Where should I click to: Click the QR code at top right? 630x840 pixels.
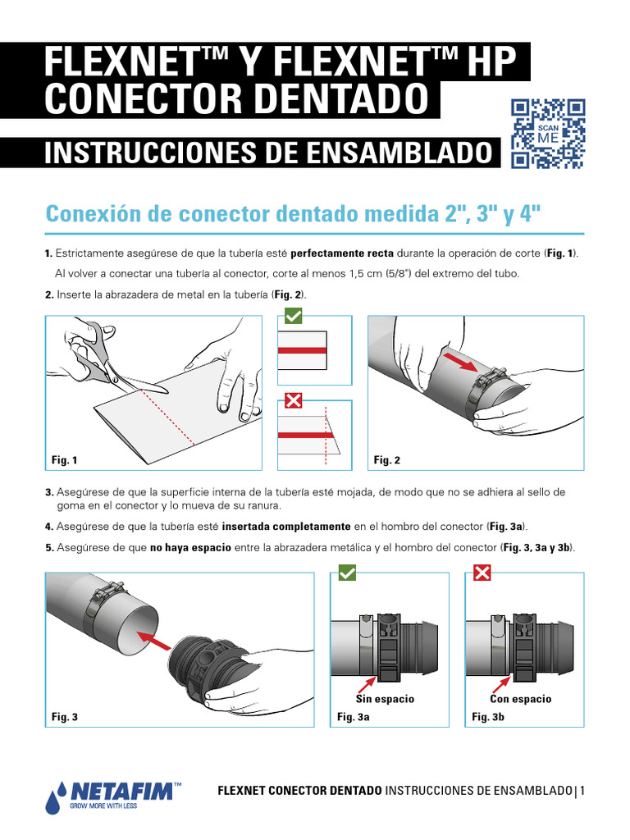pyautogui.click(x=548, y=134)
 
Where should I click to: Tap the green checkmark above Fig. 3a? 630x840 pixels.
pyautogui.click(x=347, y=573)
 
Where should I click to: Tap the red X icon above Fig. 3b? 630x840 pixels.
pyautogui.click(x=482, y=573)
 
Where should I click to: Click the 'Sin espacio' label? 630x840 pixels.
pyautogui.click(x=385, y=699)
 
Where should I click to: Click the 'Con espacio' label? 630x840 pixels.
pyautogui.click(x=520, y=699)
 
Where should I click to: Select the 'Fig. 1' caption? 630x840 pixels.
pyautogui.click(x=64, y=461)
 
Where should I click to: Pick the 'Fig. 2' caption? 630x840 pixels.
pyautogui.click(x=386, y=461)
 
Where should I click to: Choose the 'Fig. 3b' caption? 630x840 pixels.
pyautogui.click(x=487, y=717)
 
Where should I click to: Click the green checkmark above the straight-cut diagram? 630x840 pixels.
pyautogui.click(x=294, y=315)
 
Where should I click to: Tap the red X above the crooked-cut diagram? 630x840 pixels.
pyautogui.click(x=294, y=400)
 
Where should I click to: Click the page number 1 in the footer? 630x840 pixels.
pyautogui.click(x=582, y=791)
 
